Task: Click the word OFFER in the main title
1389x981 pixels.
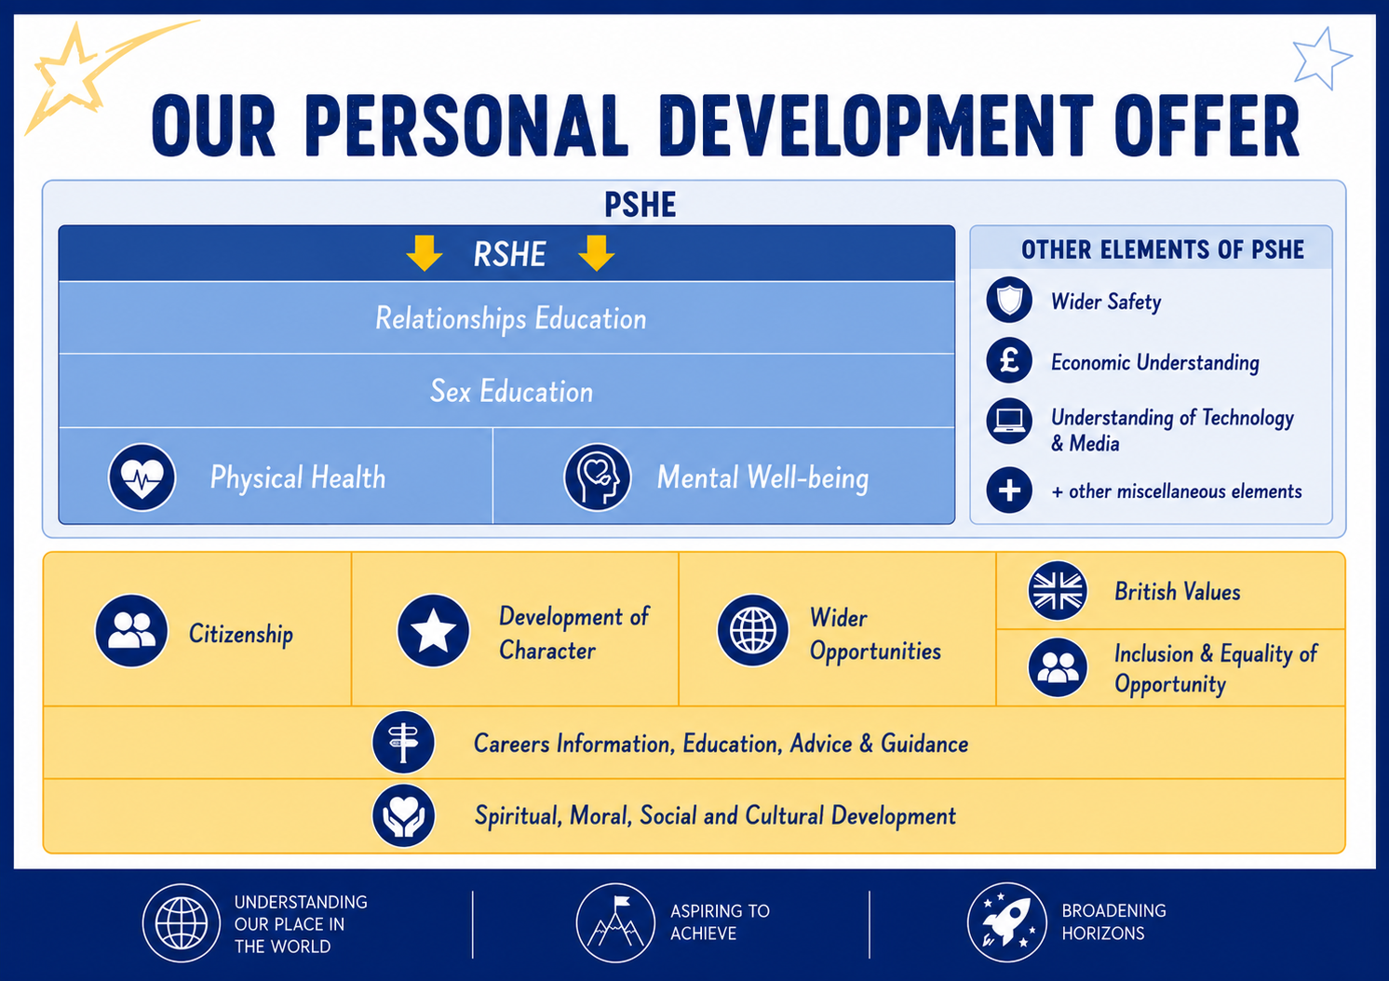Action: (x=1207, y=127)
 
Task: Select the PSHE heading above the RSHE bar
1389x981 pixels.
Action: (x=640, y=205)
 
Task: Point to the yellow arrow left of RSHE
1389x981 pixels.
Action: (x=425, y=253)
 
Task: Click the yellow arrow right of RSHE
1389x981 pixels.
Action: (x=597, y=253)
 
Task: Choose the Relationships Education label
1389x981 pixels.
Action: (x=511, y=318)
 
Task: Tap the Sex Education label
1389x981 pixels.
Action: (x=512, y=392)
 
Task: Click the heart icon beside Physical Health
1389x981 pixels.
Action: (x=142, y=477)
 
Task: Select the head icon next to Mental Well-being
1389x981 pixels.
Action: (x=597, y=477)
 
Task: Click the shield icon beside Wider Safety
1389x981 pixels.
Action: (x=1009, y=300)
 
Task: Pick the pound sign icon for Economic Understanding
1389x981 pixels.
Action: (x=1009, y=360)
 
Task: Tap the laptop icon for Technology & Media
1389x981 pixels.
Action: (x=1009, y=421)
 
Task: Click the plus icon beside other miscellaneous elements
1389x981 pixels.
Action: (x=1009, y=490)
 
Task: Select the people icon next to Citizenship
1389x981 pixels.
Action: (x=131, y=631)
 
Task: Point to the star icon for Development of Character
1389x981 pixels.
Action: (x=434, y=631)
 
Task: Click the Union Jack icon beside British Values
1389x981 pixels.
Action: (x=1058, y=590)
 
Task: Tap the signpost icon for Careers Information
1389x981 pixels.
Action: (x=404, y=742)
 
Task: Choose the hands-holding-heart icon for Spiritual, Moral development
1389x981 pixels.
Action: (x=404, y=815)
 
